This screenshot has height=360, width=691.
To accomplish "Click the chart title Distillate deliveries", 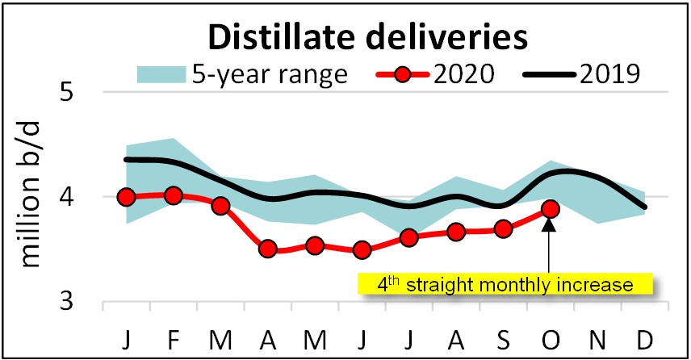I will point(366,36).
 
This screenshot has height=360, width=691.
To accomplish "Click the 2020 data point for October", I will point(551,209).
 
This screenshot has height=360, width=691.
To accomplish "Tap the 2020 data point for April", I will point(268,249).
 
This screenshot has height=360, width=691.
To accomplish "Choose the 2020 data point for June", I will point(362,249).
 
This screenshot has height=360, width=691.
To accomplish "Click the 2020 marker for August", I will point(456,232).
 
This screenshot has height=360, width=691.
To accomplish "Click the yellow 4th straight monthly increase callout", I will point(505,284).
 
